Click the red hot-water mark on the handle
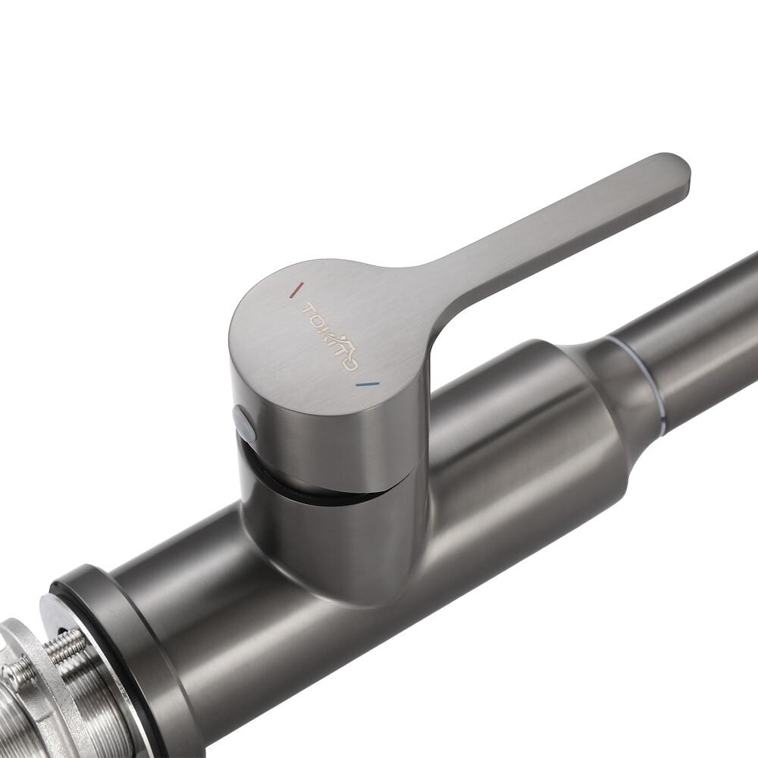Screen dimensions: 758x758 pos(296,290)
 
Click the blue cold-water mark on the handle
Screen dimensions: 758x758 pos(367,385)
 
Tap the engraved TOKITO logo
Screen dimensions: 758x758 pos(329,337)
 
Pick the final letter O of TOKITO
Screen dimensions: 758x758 pos(352,364)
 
